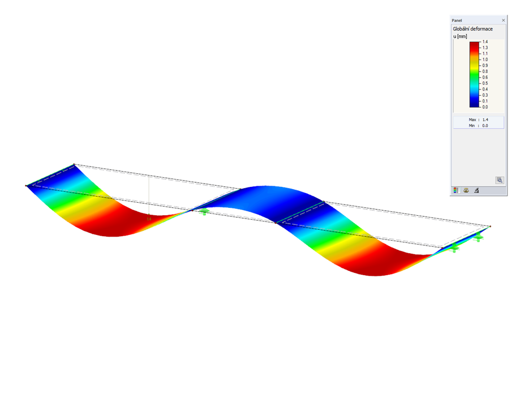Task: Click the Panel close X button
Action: click(503, 20)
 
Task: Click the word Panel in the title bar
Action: click(457, 20)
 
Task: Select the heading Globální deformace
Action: click(473, 29)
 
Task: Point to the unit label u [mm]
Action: click(460, 36)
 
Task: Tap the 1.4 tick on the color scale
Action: click(485, 42)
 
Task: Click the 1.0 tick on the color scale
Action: click(485, 59)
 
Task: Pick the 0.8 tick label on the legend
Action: click(485, 71)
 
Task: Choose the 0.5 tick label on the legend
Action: click(485, 83)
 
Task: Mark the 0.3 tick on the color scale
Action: click(485, 95)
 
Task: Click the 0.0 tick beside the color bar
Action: click(485, 107)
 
